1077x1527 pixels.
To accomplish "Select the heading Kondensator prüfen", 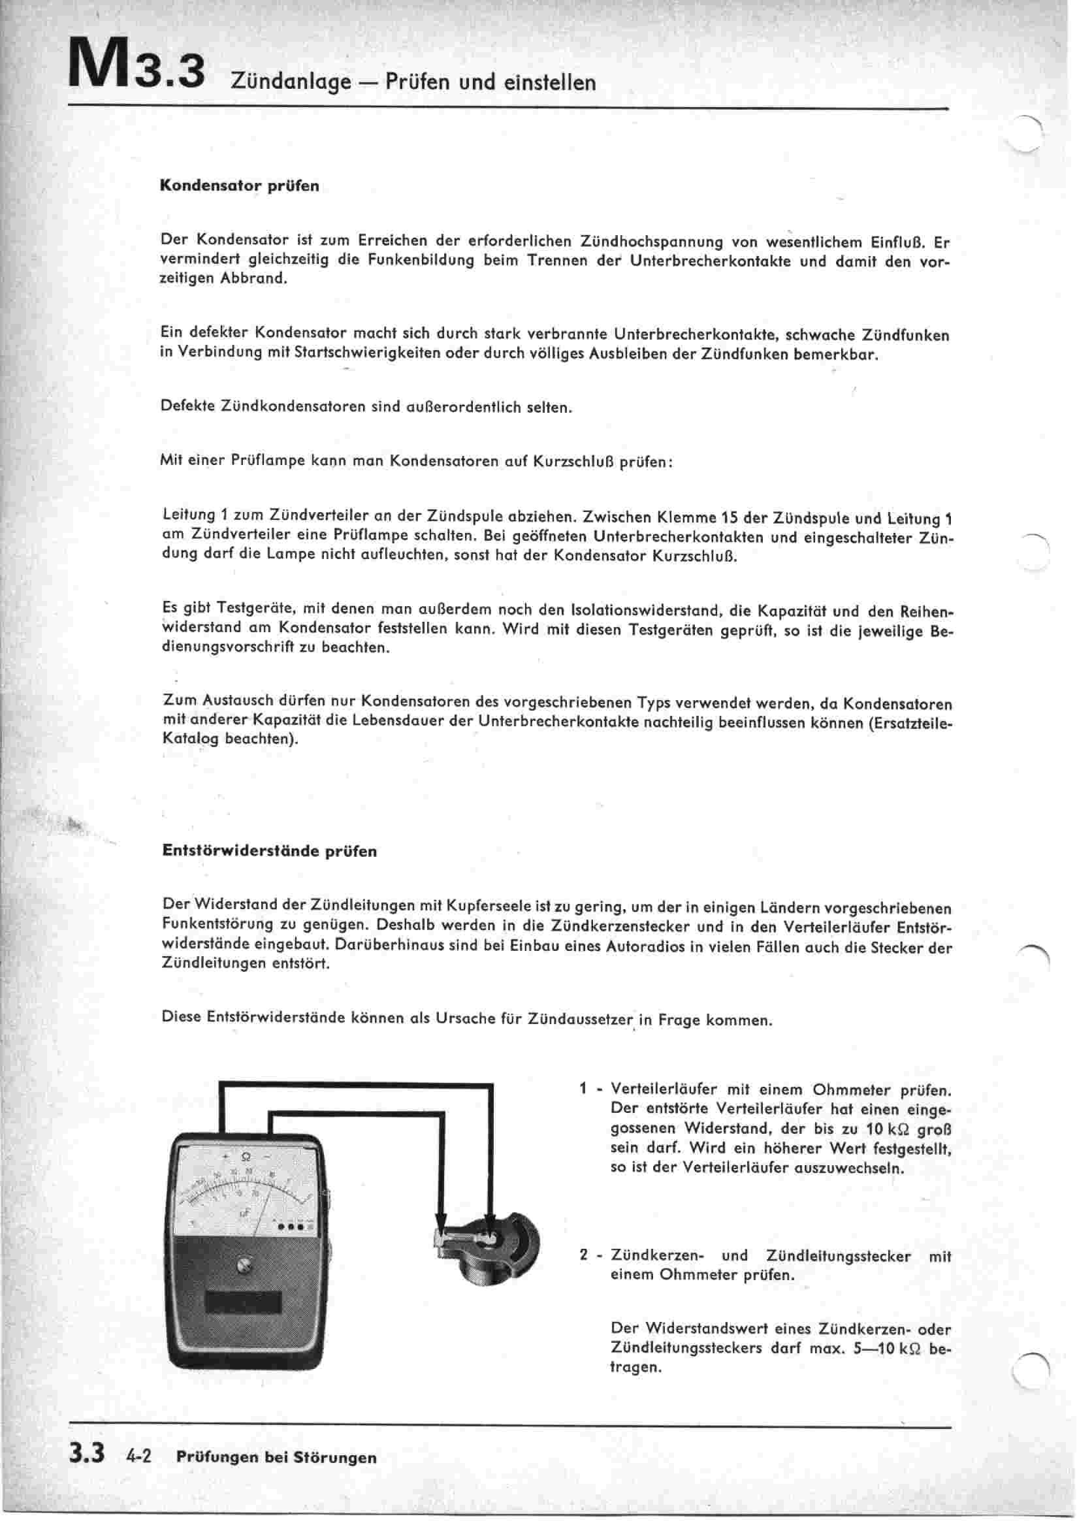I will (240, 186).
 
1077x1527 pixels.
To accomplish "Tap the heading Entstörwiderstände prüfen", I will (270, 851).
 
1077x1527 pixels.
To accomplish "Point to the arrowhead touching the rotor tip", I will (440, 1223).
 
